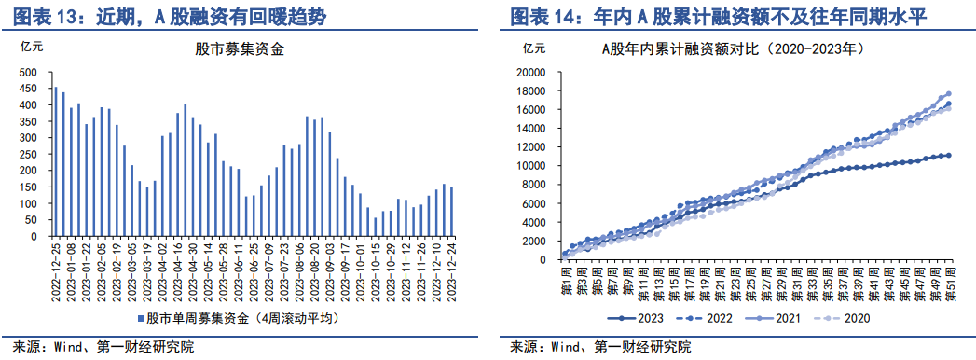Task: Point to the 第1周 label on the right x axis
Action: (565, 280)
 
